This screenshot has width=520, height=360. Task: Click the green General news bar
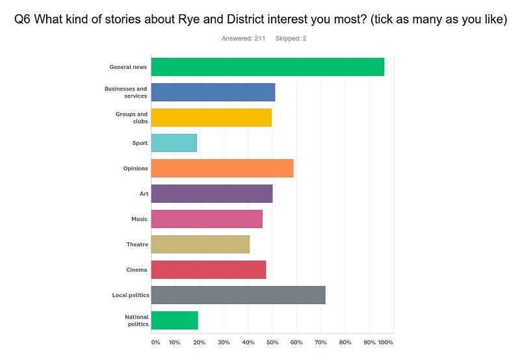pyautogui.click(x=267, y=67)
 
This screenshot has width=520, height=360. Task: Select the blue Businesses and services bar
pyautogui.click(x=213, y=92)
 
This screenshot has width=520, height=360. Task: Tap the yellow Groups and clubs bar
pyautogui.click(x=211, y=118)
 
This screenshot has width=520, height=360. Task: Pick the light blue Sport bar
pyautogui.click(x=174, y=143)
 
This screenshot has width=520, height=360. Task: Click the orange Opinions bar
pyautogui.click(x=222, y=168)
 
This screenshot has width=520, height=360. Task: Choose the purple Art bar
pyautogui.click(x=212, y=194)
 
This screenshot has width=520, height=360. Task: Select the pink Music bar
pyautogui.click(x=207, y=219)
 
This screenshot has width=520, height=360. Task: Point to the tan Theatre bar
pyautogui.click(x=200, y=244)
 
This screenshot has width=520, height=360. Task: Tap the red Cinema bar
pyautogui.click(x=209, y=270)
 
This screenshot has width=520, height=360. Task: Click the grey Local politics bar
pyautogui.click(x=238, y=295)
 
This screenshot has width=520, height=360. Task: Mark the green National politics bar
pyautogui.click(x=175, y=320)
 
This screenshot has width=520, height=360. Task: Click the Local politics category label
pyautogui.click(x=130, y=296)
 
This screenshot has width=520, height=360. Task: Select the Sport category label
pyautogui.click(x=140, y=143)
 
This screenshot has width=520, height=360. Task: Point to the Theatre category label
pyautogui.click(x=137, y=245)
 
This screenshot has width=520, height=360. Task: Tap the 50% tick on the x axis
pyautogui.click(x=272, y=342)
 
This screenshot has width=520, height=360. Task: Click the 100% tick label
pyautogui.click(x=385, y=342)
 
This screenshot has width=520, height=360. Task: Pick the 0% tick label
pyautogui.click(x=155, y=342)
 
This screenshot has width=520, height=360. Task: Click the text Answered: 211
pyautogui.click(x=243, y=38)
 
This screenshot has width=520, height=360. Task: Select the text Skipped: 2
pyautogui.click(x=291, y=38)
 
